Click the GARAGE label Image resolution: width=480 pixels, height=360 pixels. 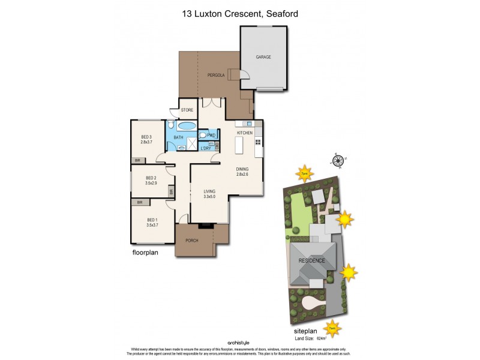coord(263,57)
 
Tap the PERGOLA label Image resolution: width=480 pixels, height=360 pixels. coord(216,76)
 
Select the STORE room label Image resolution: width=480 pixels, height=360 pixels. coord(187,110)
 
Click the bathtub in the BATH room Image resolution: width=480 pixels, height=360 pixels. coord(187,126)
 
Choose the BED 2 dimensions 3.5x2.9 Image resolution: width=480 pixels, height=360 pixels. coord(151,182)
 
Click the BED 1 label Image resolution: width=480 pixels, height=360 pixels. coord(152,220)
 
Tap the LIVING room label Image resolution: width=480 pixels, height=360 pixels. coord(209,191)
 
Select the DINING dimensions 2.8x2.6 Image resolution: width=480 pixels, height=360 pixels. coord(242,175)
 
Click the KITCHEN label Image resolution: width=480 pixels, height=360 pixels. coord(244,133)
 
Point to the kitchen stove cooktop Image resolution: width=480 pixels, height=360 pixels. coord(258,142)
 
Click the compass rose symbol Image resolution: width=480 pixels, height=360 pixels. coord(338,160)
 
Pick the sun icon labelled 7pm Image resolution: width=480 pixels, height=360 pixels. coord(305,174)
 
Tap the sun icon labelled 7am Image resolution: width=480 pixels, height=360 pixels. coord(332,328)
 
